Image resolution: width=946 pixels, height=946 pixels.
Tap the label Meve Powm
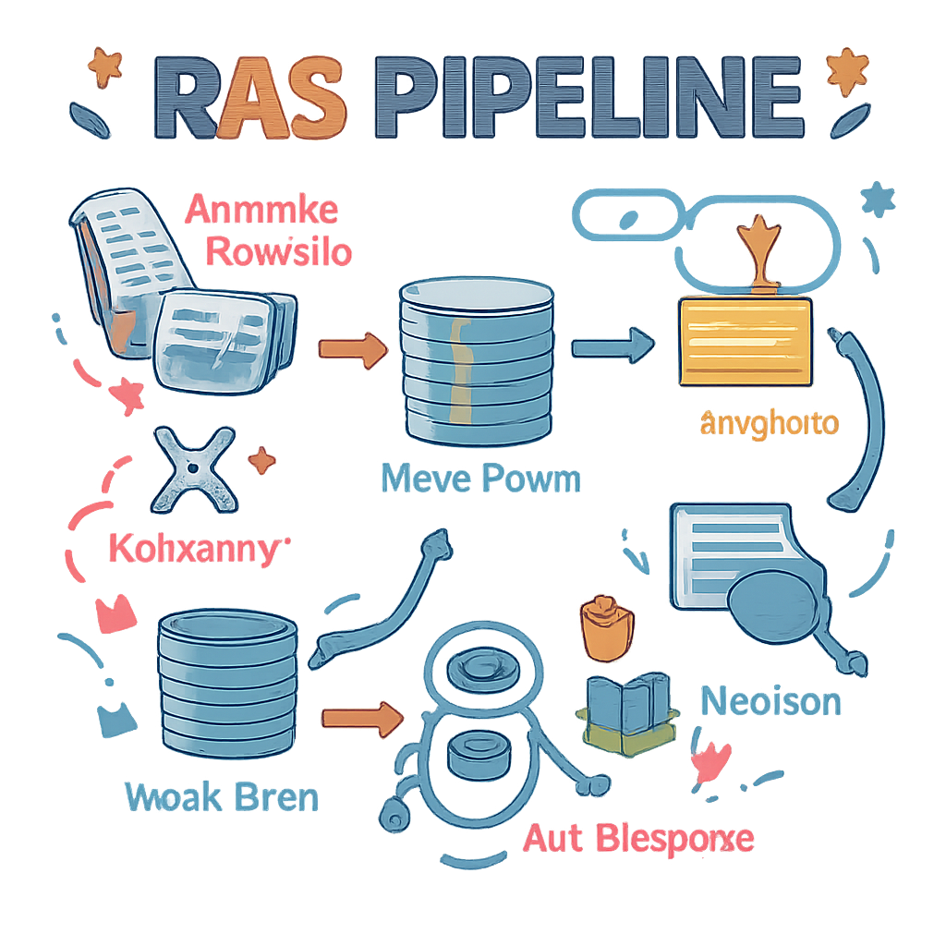coord(480,479)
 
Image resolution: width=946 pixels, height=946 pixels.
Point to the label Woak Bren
coord(222,797)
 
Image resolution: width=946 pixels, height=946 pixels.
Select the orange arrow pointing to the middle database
coord(352,348)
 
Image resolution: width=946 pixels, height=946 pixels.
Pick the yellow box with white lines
coord(745,342)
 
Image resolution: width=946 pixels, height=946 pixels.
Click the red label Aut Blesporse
coord(638,839)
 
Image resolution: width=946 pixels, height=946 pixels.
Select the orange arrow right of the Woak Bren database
coord(362,716)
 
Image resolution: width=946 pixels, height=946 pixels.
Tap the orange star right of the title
coord(845,70)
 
